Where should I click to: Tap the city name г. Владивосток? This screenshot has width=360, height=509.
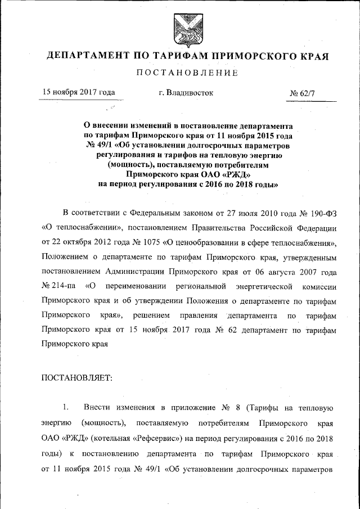186,92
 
